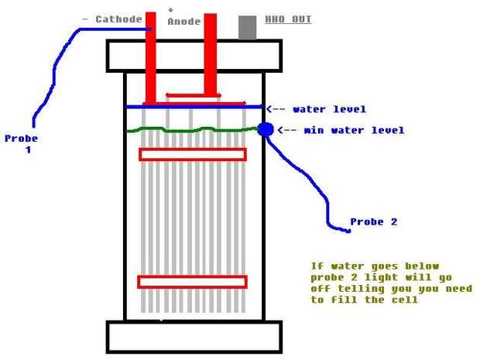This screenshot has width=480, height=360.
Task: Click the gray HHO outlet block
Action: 247,27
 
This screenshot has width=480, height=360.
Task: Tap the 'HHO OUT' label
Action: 288,19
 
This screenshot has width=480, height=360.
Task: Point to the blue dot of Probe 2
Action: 266,129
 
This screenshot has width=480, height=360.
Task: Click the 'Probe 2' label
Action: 373,221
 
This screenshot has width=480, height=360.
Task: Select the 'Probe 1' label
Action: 21,144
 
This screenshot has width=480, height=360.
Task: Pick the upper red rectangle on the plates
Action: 192,154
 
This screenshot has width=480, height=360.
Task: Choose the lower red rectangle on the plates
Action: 192,282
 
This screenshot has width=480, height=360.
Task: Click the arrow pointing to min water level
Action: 283,130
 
